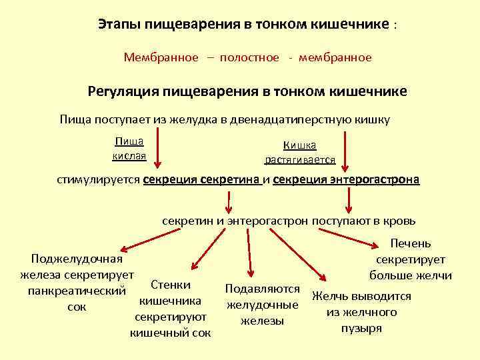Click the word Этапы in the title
116,25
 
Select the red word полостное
248,57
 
